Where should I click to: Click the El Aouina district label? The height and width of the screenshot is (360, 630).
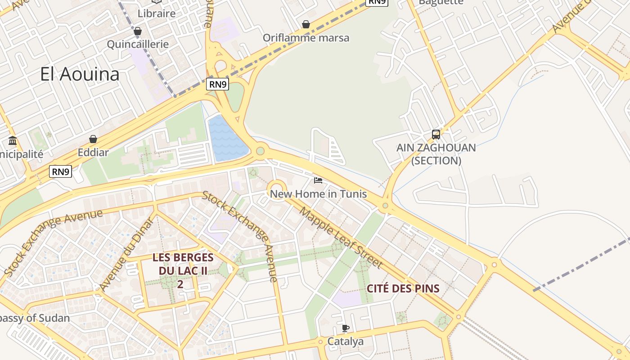pyautogui.click(x=80, y=74)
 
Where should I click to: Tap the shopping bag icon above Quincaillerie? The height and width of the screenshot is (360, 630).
pyautogui.click(x=138, y=31)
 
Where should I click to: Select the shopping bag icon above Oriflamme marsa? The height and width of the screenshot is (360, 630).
pyautogui.click(x=306, y=24)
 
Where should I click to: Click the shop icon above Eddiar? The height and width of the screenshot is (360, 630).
pyautogui.click(x=93, y=139)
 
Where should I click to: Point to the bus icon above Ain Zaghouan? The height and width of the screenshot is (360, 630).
pyautogui.click(x=436, y=134)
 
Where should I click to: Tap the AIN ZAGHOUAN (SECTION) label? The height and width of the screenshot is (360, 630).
pyautogui.click(x=436, y=154)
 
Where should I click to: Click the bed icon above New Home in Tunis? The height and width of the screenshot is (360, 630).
pyautogui.click(x=318, y=181)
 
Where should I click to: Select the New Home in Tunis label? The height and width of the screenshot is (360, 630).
pyautogui.click(x=318, y=194)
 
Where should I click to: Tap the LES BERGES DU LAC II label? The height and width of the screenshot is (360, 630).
pyautogui.click(x=183, y=270)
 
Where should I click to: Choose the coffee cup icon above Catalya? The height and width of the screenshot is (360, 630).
pyautogui.click(x=345, y=328)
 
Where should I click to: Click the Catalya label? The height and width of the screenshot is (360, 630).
pyautogui.click(x=345, y=342)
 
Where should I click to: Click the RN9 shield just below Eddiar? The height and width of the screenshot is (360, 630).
pyautogui.click(x=61, y=171)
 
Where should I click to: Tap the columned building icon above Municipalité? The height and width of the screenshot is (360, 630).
pyautogui.click(x=13, y=141)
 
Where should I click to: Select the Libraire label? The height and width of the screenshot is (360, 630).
pyautogui.click(x=157, y=13)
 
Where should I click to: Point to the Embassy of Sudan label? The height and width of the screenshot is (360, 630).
pyautogui.click(x=34, y=318)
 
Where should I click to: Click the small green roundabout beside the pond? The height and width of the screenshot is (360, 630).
pyautogui.click(x=260, y=151)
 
